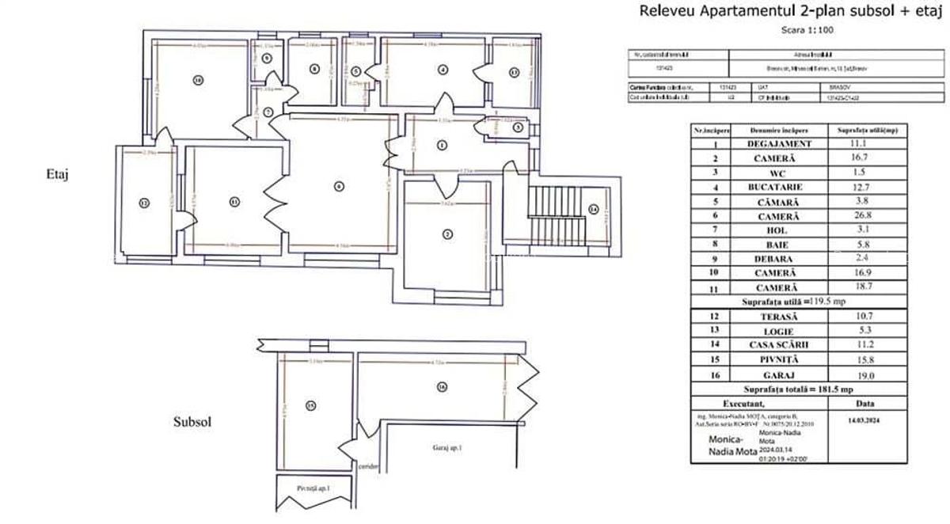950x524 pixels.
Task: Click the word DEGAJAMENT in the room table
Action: tap(780, 143)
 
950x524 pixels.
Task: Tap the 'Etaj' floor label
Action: tap(59, 175)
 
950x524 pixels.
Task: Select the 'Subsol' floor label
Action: tap(192, 422)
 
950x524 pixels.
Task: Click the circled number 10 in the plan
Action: tap(197, 80)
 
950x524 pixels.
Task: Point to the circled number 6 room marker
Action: tap(339, 187)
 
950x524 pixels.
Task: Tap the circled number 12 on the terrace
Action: tap(143, 203)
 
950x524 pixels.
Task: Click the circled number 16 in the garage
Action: tap(441, 386)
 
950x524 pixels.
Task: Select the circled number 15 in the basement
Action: tap(310, 406)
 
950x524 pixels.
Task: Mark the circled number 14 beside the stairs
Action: tap(594, 210)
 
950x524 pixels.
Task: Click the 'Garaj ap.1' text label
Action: tap(447, 448)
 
